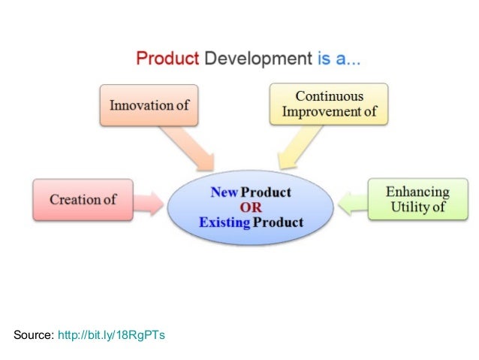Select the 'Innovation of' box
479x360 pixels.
click(x=149, y=105)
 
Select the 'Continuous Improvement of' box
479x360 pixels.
click(x=329, y=104)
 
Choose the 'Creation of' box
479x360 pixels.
click(x=83, y=199)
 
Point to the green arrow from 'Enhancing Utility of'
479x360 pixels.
click(x=350, y=201)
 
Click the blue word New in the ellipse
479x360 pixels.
click(x=224, y=192)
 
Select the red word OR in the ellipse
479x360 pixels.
click(x=251, y=207)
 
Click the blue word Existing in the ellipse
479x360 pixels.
click(x=224, y=222)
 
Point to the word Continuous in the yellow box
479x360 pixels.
click(x=329, y=97)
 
